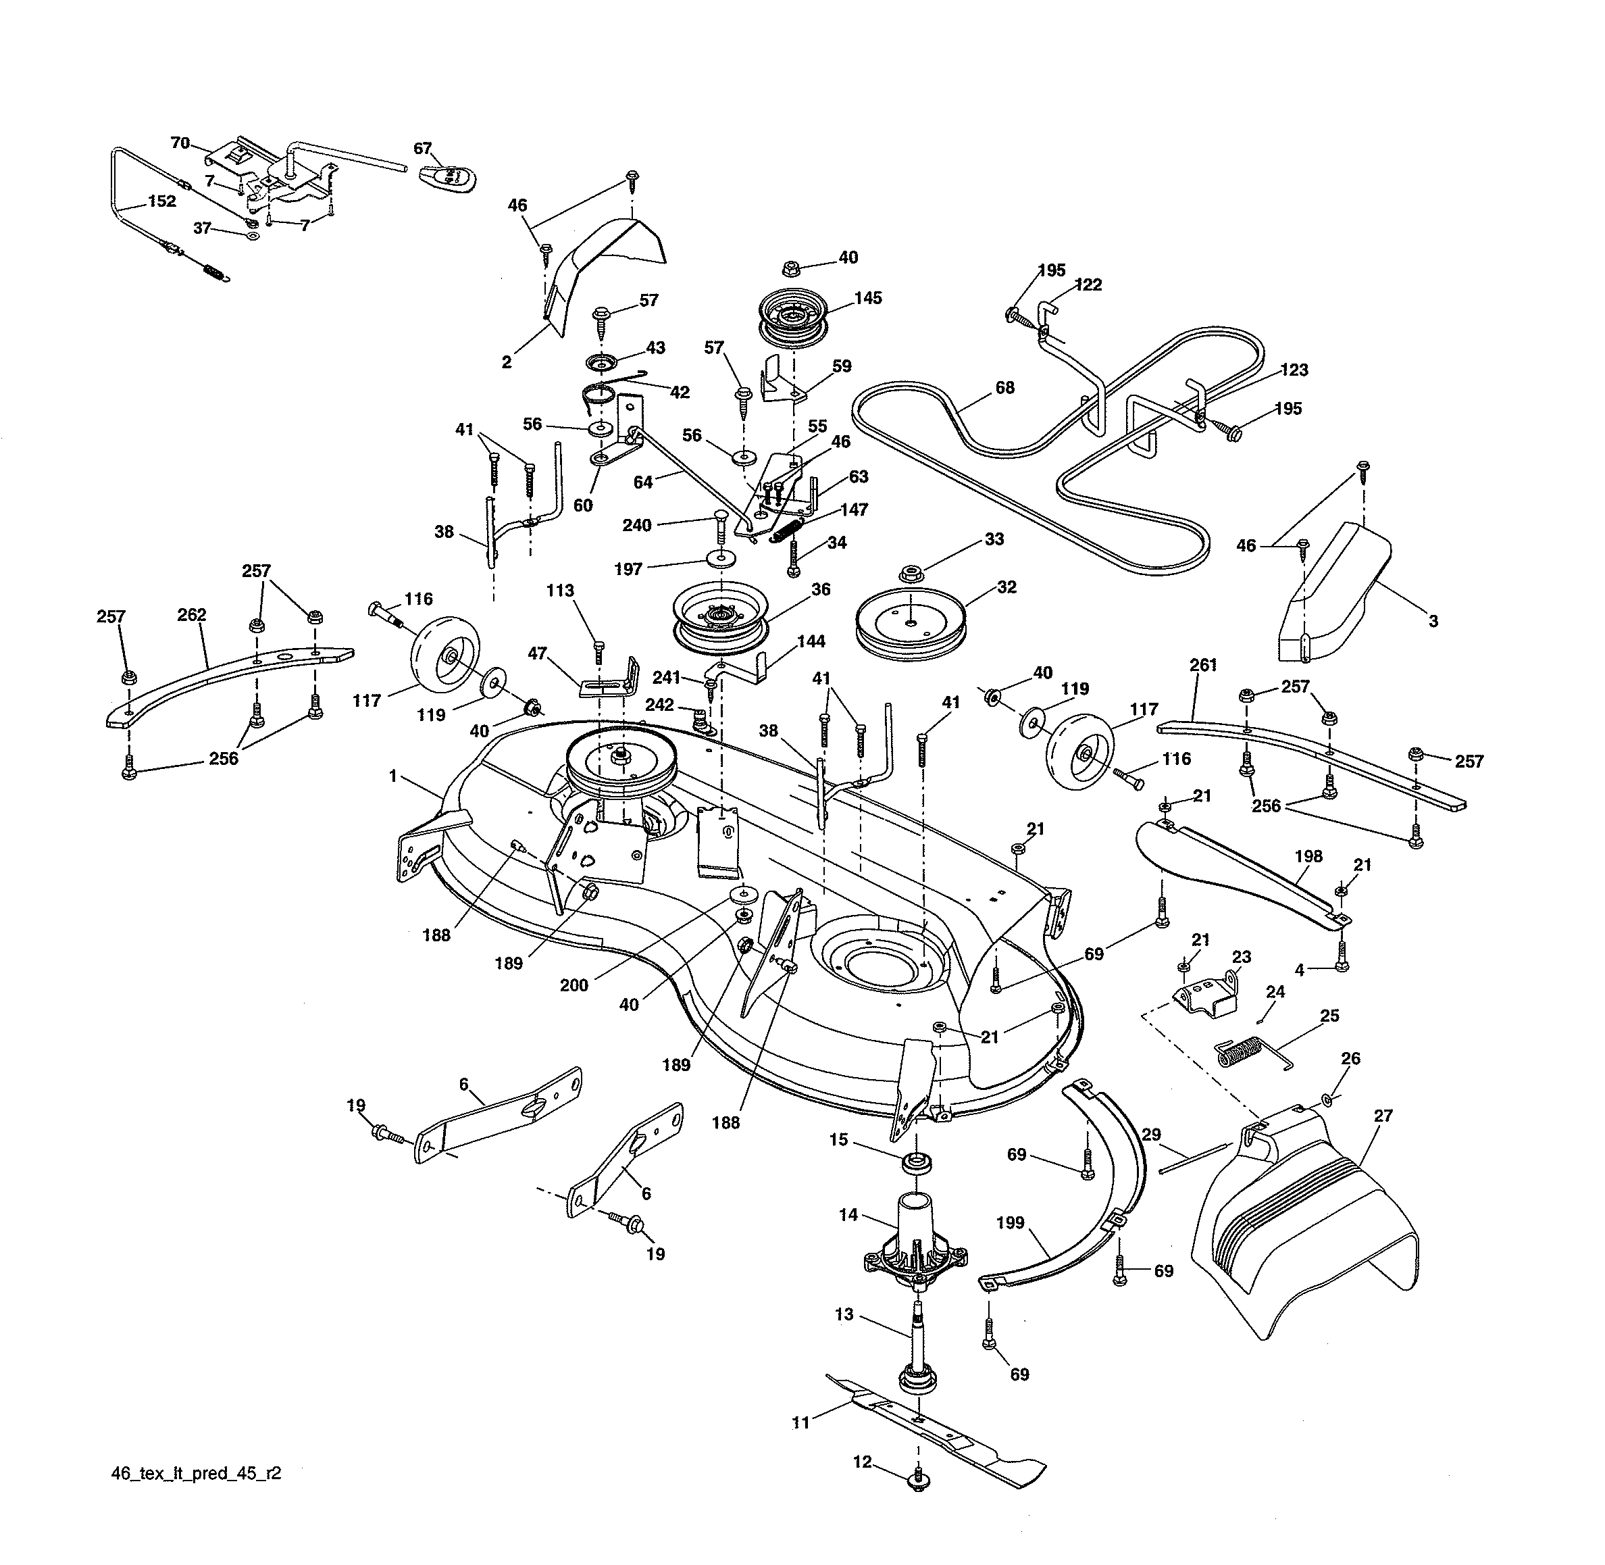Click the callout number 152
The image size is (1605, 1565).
click(x=162, y=201)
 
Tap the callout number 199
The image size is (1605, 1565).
click(x=1009, y=1222)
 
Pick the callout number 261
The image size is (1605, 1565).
click(x=1202, y=664)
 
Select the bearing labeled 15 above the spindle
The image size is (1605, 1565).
click(x=916, y=1163)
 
